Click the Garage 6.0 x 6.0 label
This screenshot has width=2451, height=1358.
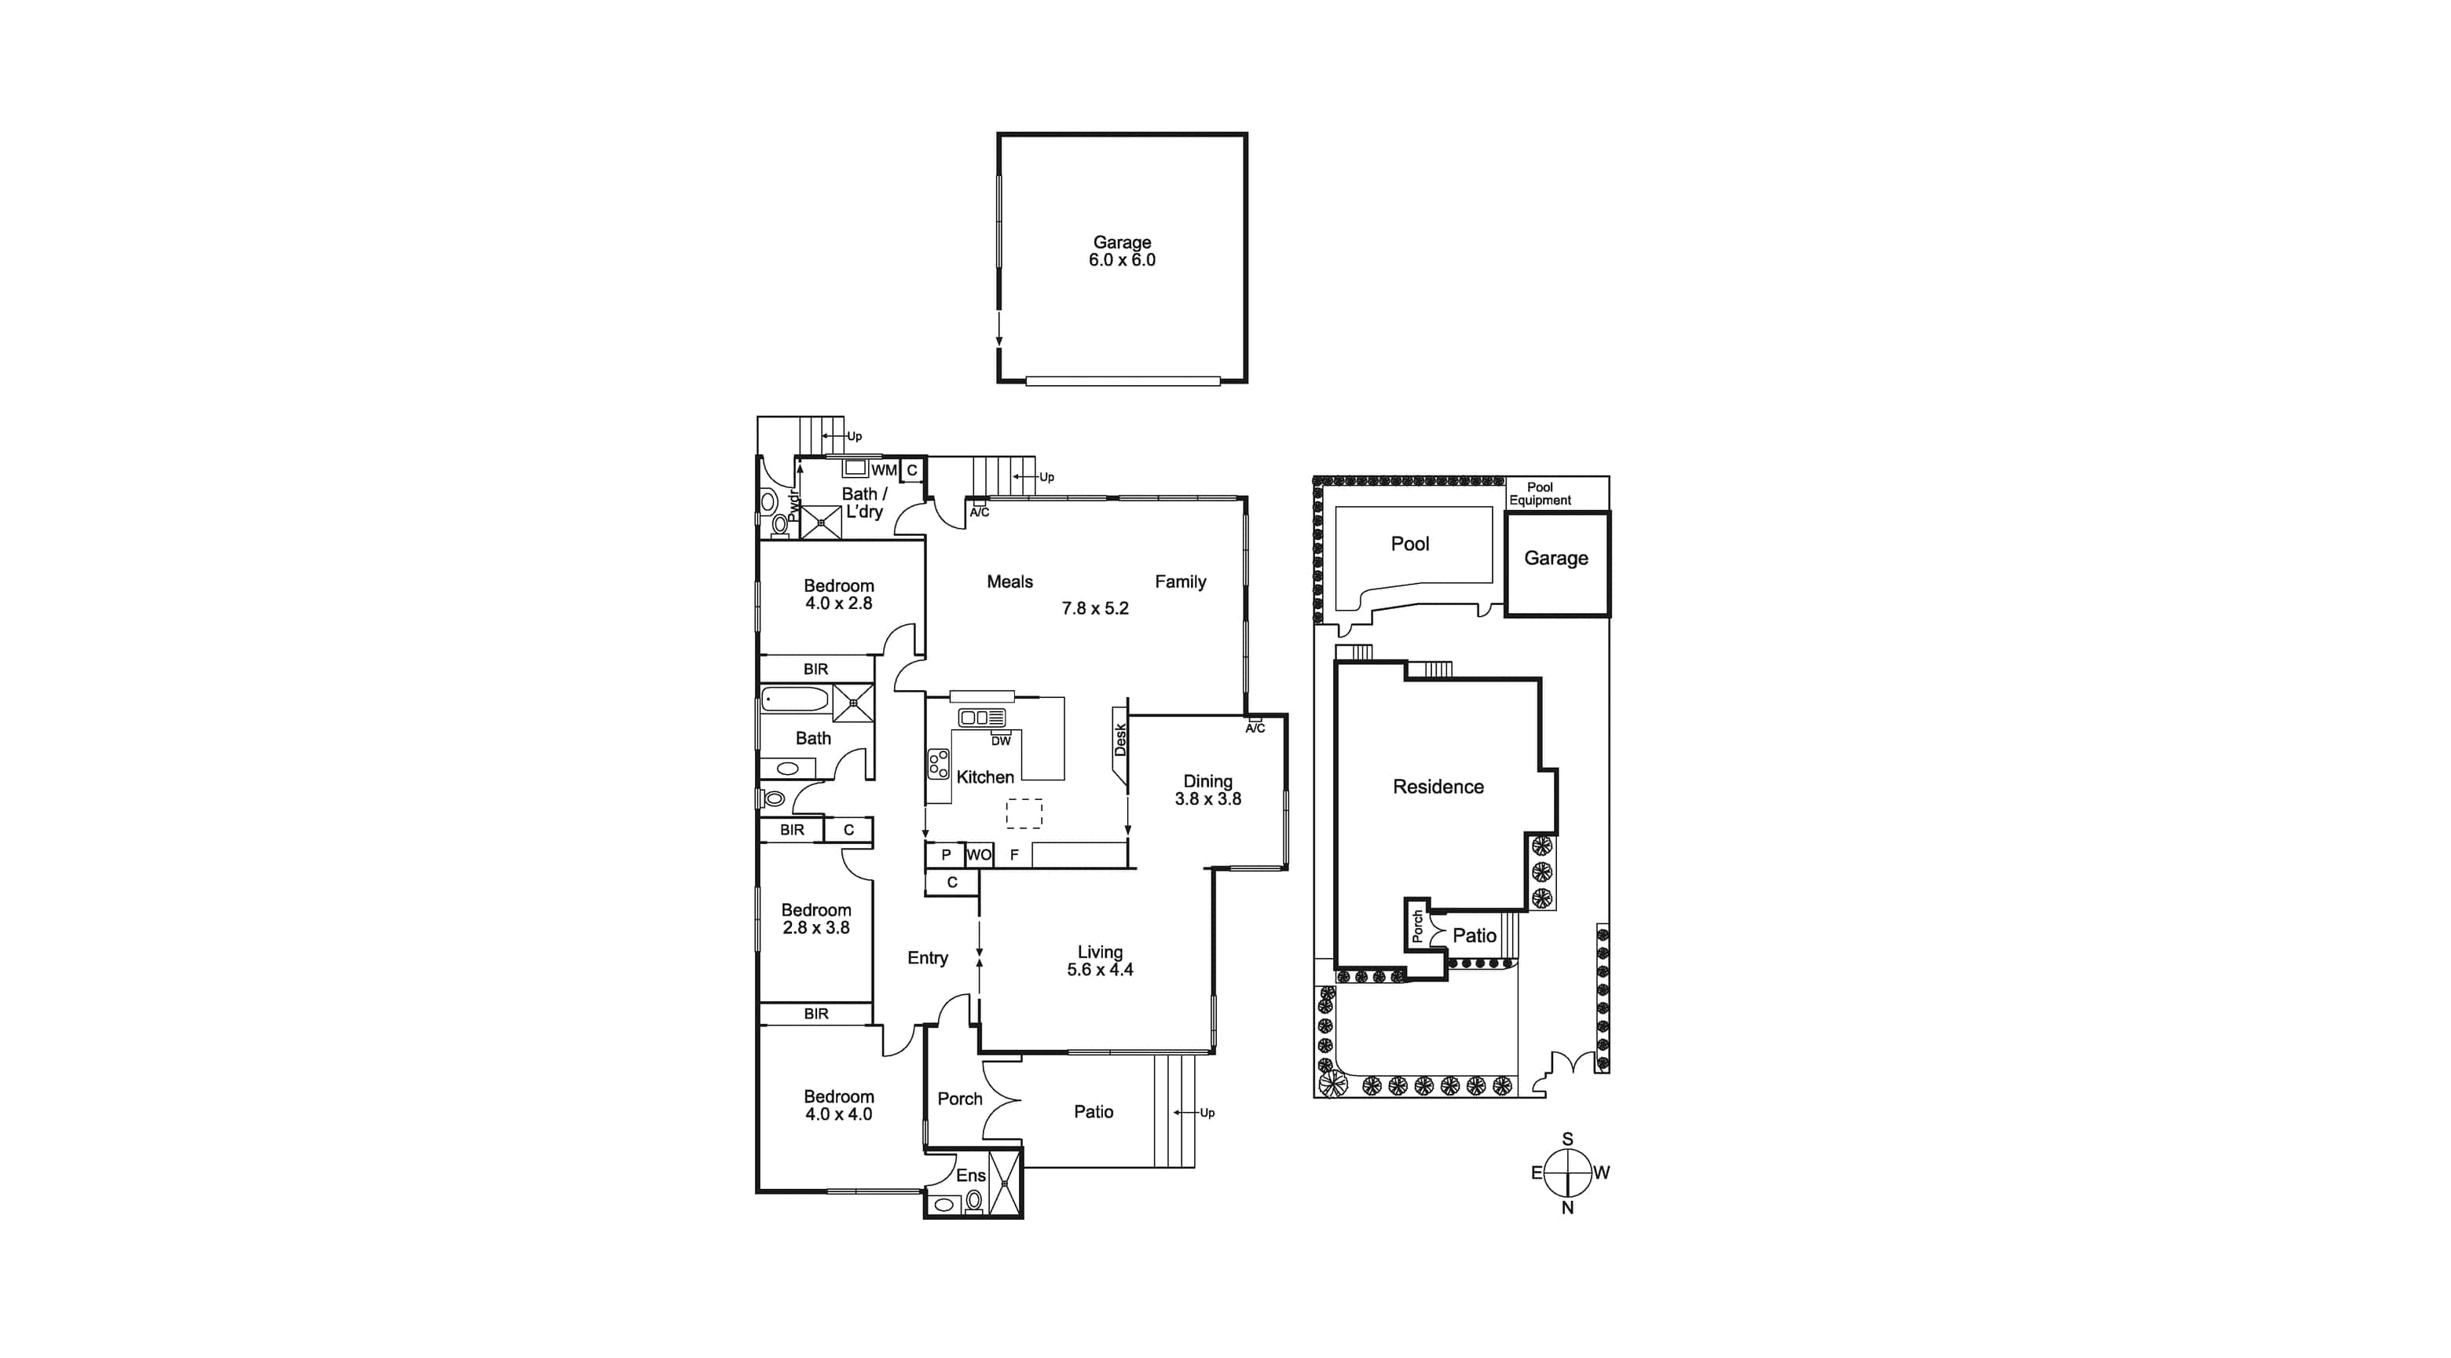pos(1122,251)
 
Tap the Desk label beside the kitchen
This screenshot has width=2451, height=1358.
pos(1120,740)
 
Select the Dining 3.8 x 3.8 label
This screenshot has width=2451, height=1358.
pos(1207,790)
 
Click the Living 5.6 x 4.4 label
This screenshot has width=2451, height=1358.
pos(1100,961)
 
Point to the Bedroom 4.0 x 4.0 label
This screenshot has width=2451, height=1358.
pos(838,1106)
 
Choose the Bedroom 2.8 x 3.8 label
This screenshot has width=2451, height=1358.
pos(816,919)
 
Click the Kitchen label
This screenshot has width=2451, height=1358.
pos(985,777)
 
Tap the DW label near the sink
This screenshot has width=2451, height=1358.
pos(1001,740)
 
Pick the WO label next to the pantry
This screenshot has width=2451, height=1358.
pos(979,854)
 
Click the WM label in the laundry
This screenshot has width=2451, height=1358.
pos(884,470)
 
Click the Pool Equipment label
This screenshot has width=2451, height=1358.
pos(1540,494)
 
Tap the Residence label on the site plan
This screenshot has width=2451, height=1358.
pos(1438,787)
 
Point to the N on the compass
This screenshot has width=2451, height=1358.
pos(1567,1208)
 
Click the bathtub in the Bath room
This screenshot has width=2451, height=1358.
pos(797,700)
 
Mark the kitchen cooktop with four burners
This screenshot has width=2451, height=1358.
pos(939,764)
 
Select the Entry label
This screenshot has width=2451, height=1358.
pos(928,958)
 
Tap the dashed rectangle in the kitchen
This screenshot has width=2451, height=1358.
pos(1024,813)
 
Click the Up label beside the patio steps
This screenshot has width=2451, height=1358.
pos(1207,1113)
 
